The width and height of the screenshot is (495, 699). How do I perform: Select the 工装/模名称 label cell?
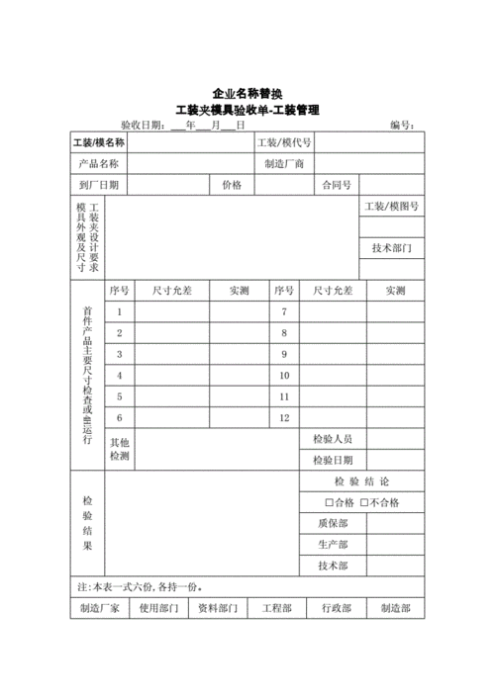click(98, 144)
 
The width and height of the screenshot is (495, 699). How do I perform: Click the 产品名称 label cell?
click(98, 164)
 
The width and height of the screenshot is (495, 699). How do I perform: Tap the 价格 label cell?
click(232, 185)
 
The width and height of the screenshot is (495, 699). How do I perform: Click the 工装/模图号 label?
click(391, 207)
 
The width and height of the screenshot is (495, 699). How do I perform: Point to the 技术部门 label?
click(391, 248)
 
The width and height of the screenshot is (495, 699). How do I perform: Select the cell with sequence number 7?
click(284, 311)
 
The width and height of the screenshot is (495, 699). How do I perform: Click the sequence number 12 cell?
click(284, 418)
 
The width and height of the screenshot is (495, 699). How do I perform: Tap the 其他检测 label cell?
click(120, 449)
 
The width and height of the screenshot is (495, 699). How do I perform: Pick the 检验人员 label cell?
click(333, 438)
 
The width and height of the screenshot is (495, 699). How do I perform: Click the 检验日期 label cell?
click(333, 460)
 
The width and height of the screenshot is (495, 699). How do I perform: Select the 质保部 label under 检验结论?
click(333, 524)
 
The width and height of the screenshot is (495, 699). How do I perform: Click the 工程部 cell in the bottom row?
click(275, 609)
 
